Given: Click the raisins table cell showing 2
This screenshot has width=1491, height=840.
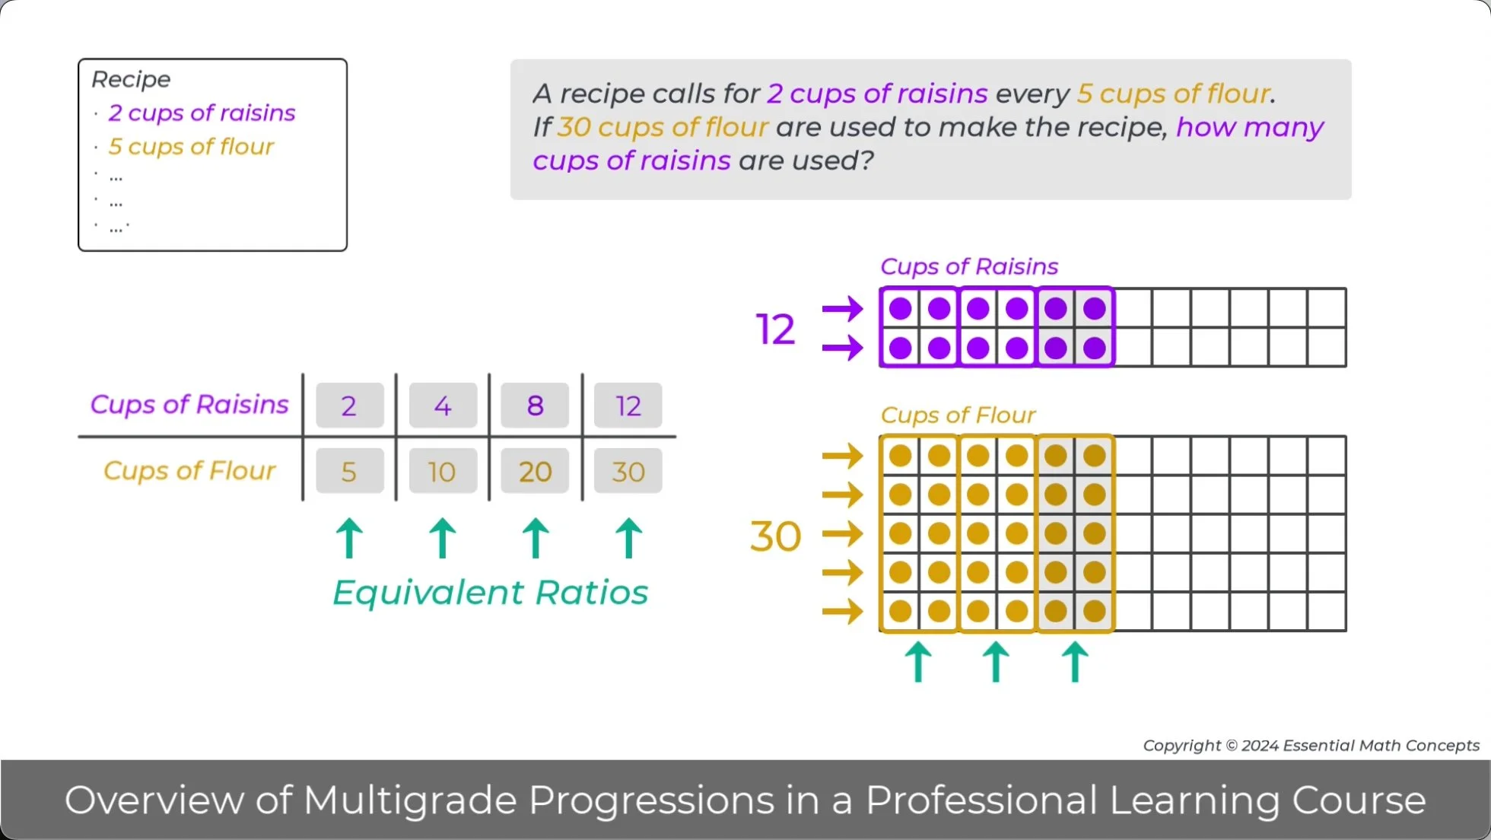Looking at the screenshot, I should (x=349, y=406).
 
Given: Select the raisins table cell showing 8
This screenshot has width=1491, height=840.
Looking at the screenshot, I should (x=535, y=406).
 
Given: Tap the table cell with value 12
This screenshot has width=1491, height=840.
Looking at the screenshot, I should (x=628, y=406).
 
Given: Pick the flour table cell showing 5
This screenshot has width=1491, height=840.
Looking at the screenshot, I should (x=349, y=471).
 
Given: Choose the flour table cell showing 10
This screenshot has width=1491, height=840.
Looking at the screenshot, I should (x=442, y=471).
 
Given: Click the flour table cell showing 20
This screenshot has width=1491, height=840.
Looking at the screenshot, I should (x=535, y=471).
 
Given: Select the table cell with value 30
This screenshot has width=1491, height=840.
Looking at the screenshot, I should (x=628, y=471).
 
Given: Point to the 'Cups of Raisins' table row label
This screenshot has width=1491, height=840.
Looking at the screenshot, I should (x=189, y=404).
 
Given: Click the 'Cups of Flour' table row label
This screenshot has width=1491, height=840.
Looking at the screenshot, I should (x=189, y=470).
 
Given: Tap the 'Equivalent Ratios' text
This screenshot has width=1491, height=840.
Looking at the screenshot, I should (x=490, y=592).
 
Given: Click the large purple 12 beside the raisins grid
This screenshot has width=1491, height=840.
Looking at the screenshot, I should (x=775, y=329).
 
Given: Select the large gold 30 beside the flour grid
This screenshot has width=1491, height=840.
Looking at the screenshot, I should (x=775, y=536).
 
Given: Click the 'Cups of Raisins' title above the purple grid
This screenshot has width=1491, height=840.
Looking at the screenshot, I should (x=968, y=266).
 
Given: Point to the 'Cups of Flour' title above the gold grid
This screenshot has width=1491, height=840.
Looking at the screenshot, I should (x=958, y=415).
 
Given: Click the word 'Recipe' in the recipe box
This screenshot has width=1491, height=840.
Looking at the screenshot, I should (x=131, y=79).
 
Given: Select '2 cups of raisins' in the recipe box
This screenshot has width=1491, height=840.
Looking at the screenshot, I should (x=202, y=113).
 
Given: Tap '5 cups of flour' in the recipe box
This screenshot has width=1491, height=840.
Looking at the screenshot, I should (x=191, y=146).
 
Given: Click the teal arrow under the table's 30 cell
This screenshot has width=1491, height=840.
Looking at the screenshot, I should (x=628, y=538).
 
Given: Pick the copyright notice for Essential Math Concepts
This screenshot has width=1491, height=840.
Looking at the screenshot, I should (x=1311, y=746).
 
